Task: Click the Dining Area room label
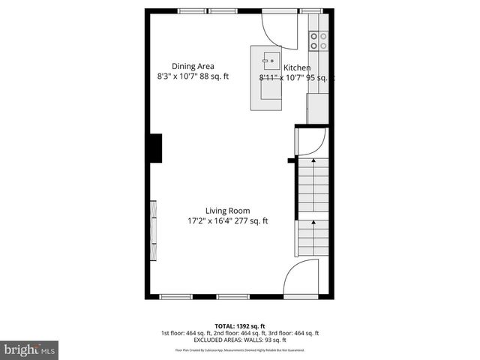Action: pyautogui.click(x=193, y=66)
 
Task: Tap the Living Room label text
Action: pyautogui.click(x=228, y=211)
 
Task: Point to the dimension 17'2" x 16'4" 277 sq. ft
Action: pyautogui.click(x=228, y=221)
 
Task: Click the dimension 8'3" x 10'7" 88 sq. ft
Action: pyautogui.click(x=193, y=76)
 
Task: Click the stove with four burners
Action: pyautogui.click(x=319, y=40)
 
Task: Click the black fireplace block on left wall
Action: pyautogui.click(x=155, y=148)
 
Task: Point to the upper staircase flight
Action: pyautogui.click(x=313, y=186)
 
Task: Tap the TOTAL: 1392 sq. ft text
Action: pyautogui.click(x=239, y=326)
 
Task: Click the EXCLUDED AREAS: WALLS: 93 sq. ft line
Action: pyautogui.click(x=239, y=340)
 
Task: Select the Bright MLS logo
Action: pyautogui.click(x=30, y=349)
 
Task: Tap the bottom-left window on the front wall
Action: pyautogui.click(x=177, y=297)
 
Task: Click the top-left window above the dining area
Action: pyautogui.click(x=192, y=10)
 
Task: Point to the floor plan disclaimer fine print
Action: pyautogui.click(x=239, y=350)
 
